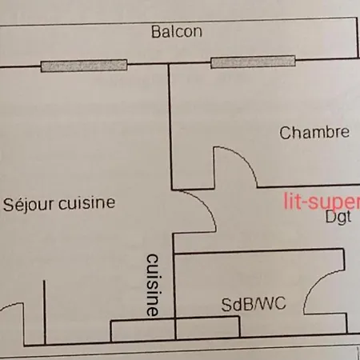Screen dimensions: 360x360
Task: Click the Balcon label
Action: (x=177, y=31)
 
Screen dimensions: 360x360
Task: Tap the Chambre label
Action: (x=314, y=133)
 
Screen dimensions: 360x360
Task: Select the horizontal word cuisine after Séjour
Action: (x=87, y=203)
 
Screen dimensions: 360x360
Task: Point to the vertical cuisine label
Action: (x=153, y=285)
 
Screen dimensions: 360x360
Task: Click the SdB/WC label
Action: (x=254, y=304)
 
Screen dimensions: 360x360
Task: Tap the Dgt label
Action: (x=338, y=217)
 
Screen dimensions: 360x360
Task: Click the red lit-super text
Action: (x=322, y=201)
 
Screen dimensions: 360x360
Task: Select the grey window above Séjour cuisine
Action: (x=84, y=66)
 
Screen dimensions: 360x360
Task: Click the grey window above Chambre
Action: (x=253, y=62)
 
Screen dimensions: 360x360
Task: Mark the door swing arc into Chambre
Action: (x=244, y=158)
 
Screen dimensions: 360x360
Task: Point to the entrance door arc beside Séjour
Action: (x=13, y=305)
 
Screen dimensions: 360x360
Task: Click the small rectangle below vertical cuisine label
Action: (x=142, y=330)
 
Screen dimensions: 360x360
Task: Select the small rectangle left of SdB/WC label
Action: (x=208, y=327)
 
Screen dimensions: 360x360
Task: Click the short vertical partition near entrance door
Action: (x=45, y=312)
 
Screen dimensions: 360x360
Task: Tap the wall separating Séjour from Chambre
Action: (x=170, y=127)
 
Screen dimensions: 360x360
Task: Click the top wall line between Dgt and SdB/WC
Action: (x=258, y=251)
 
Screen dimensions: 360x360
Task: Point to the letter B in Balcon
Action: (x=155, y=32)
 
